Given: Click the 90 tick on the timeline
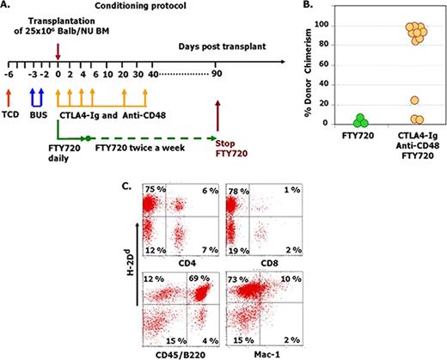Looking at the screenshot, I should [x=217, y=74].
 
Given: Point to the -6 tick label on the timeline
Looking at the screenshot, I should [x=9, y=74].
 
